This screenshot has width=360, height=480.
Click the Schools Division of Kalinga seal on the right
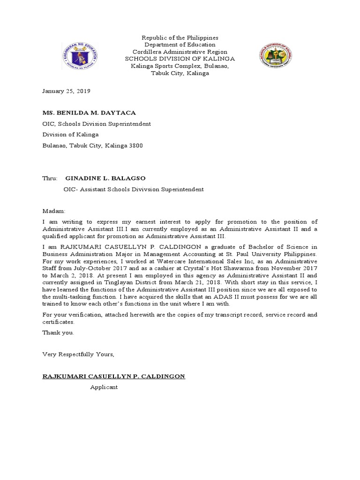pos(277,55)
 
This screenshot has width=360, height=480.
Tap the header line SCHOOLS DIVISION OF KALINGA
pos(179,59)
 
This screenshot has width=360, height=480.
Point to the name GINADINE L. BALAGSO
pos(106,179)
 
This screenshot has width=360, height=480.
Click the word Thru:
pos(50,179)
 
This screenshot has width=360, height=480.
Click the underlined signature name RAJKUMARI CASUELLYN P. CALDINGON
pos(114,376)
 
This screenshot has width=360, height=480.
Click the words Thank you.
pos(58,332)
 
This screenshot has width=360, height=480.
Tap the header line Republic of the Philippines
pos(180,37)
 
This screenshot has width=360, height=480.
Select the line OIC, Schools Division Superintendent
pos(97,124)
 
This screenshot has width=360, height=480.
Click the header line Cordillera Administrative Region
pos(180,52)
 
